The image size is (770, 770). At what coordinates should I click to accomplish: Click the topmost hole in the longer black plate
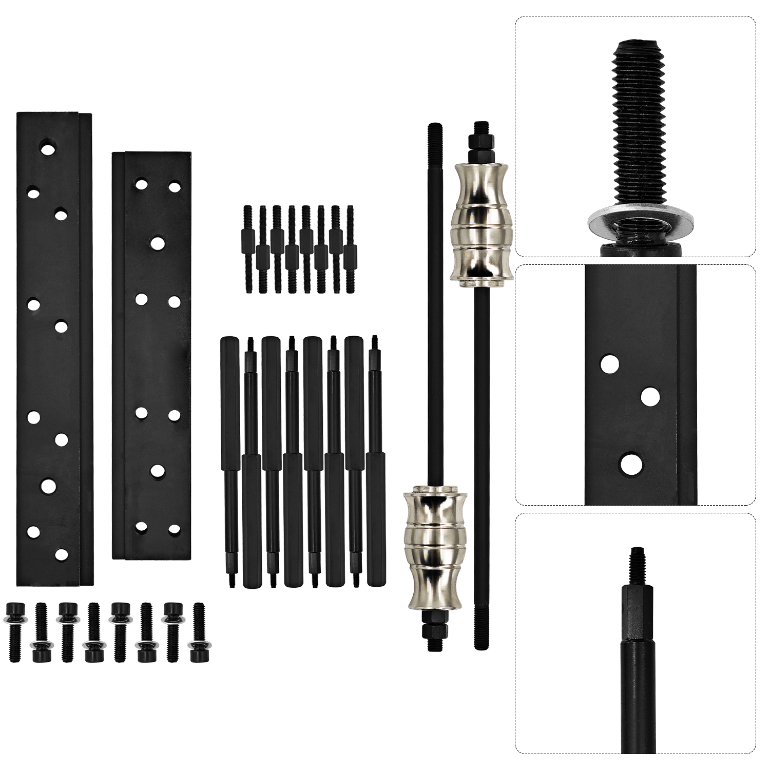point(49,149)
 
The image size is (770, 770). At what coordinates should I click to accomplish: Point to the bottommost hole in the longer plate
point(61,554)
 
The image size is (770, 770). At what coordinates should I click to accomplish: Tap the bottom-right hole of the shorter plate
point(175,528)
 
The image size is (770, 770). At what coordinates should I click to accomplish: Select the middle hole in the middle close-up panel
point(650,396)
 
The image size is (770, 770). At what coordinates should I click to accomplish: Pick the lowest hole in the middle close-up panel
point(631,464)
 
